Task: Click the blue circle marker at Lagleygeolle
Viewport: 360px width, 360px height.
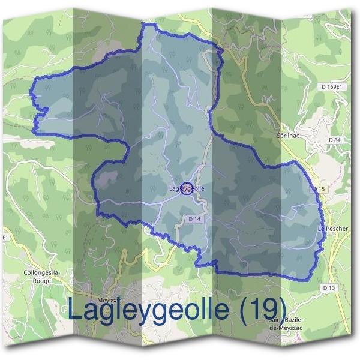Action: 187,188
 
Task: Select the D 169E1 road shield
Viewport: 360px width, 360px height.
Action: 332,87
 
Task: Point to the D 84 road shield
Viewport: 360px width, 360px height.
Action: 335,140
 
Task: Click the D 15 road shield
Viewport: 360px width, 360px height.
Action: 319,190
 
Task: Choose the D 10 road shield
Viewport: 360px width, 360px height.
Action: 328,288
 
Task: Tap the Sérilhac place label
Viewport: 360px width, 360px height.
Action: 289,137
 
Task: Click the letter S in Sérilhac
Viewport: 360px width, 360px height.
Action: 280,137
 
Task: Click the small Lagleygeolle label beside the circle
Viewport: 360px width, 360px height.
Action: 187,189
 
